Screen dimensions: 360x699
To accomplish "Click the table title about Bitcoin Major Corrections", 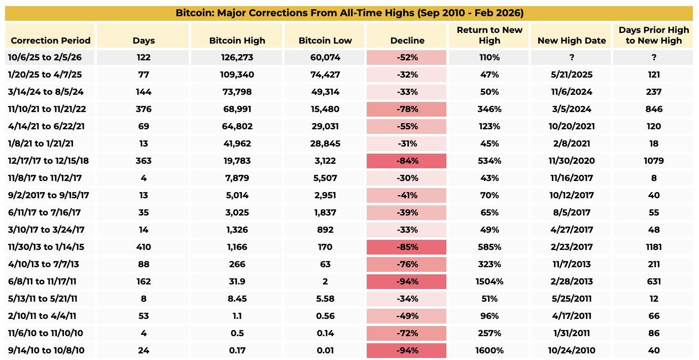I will pyautogui.click(x=349, y=13).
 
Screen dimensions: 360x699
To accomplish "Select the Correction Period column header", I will pyautogui.click(x=50, y=41).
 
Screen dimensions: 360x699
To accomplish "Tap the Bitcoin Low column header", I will pyautogui.click(x=325, y=41).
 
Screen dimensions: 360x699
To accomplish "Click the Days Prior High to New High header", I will pyautogui.click(x=653, y=35).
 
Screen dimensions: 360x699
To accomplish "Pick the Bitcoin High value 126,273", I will pyautogui.click(x=237, y=58).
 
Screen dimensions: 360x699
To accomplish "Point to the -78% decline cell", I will pyautogui.click(x=407, y=110).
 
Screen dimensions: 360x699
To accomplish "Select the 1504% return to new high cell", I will pyautogui.click(x=489, y=282).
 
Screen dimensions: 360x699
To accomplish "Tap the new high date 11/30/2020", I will pyautogui.click(x=571, y=161).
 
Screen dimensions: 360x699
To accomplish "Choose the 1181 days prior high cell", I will pyautogui.click(x=653, y=247).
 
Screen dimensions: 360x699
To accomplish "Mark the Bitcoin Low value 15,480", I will pyautogui.click(x=325, y=110).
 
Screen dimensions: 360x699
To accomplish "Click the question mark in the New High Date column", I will pyautogui.click(x=571, y=58).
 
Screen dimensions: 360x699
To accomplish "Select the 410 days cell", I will pyautogui.click(x=144, y=247).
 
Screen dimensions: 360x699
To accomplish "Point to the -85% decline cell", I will pyautogui.click(x=407, y=247).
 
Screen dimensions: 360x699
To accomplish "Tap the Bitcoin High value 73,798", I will pyautogui.click(x=237, y=92).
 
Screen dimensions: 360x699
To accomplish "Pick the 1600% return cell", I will pyautogui.click(x=489, y=351).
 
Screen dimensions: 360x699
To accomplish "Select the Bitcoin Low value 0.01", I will pyautogui.click(x=325, y=351).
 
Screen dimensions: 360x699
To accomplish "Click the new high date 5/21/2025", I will pyautogui.click(x=571, y=75).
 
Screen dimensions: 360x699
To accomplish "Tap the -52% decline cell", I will pyautogui.click(x=407, y=58).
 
